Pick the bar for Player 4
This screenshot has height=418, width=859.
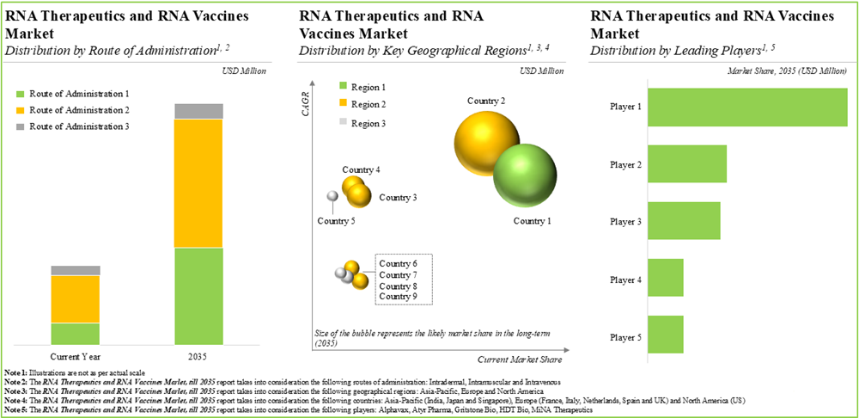click(x=665, y=278)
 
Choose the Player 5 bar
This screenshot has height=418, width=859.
click(x=665, y=335)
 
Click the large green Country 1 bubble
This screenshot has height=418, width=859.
click(x=522, y=175)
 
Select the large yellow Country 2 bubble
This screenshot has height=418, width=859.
click(x=486, y=137)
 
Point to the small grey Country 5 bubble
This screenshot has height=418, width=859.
click(x=332, y=198)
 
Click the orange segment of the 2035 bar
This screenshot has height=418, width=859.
click(x=198, y=183)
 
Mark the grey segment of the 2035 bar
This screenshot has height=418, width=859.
click(x=198, y=111)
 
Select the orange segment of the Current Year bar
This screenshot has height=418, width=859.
click(x=76, y=298)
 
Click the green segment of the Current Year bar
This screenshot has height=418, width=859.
click(x=76, y=334)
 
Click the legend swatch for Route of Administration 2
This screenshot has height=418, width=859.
click(x=21, y=110)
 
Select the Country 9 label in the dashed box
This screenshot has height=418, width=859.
click(x=398, y=296)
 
